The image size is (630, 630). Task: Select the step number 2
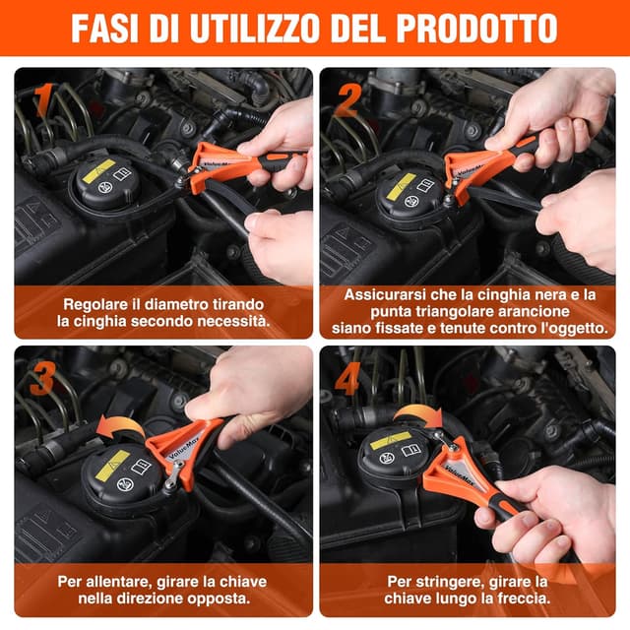click(346, 99)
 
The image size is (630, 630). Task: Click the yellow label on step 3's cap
click(112, 463)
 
